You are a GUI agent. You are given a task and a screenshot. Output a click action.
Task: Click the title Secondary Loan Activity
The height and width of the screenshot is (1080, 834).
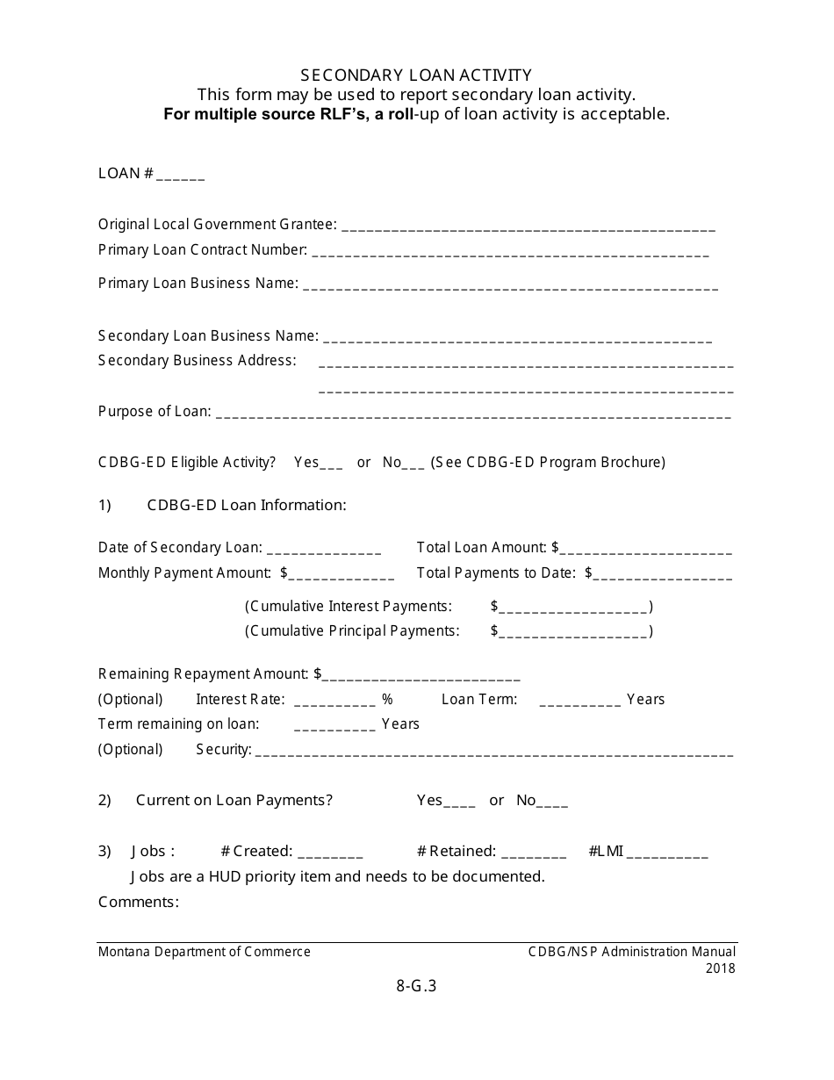point(416,76)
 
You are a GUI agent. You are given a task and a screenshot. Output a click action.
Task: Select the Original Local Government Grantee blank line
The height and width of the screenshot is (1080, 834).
point(528,227)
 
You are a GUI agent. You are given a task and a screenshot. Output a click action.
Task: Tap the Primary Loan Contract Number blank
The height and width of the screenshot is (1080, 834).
point(510,252)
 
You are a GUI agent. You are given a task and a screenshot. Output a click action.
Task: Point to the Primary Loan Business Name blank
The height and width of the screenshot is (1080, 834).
point(510,285)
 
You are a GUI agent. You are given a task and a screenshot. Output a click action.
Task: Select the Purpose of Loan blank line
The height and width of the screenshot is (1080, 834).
point(473,414)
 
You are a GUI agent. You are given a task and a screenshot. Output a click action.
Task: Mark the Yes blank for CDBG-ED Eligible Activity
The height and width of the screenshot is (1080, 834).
point(332,464)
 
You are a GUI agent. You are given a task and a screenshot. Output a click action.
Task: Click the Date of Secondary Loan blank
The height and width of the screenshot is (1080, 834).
point(323,550)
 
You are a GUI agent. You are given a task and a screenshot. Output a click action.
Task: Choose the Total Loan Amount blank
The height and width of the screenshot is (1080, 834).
point(646,550)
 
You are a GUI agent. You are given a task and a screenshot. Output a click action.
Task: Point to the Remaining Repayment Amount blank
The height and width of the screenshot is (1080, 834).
point(421,676)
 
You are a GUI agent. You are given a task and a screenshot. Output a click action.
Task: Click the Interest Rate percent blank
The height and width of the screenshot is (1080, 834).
point(334,702)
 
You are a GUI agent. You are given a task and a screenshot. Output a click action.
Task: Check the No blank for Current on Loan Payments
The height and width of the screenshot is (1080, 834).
point(552,803)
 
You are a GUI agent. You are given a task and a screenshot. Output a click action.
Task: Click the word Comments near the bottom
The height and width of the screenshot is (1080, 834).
point(139,902)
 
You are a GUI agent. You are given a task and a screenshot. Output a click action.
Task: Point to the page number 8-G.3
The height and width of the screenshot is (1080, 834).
point(416,985)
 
